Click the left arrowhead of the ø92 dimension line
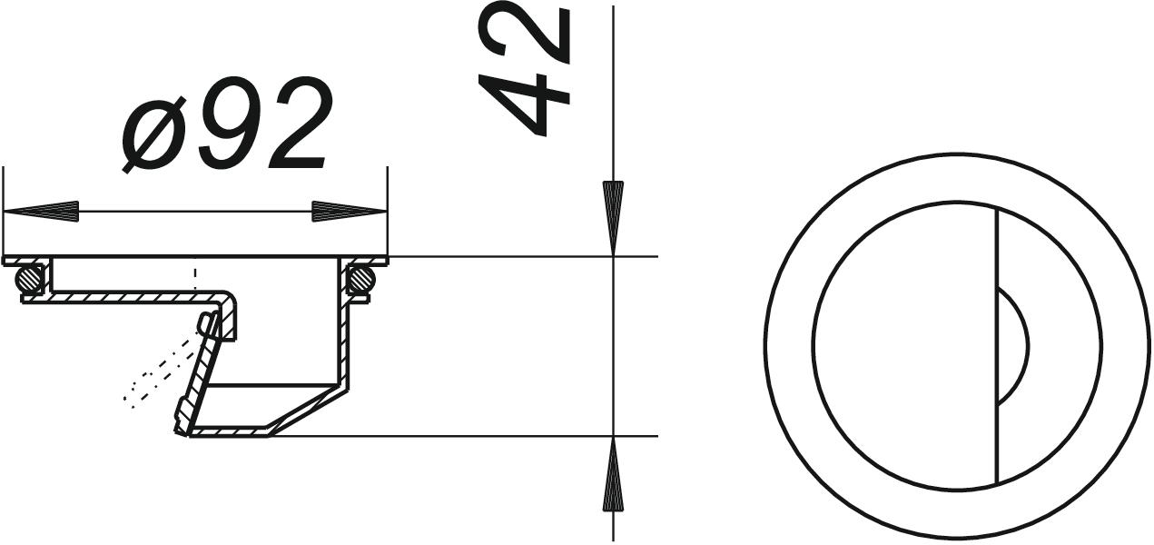[x=41, y=212]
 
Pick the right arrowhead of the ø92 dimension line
[x=350, y=212]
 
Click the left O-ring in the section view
[x=32, y=276]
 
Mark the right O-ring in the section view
[x=361, y=276]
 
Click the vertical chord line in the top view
[x=997, y=409]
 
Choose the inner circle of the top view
[x=814, y=346]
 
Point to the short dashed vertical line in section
[x=195, y=277]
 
